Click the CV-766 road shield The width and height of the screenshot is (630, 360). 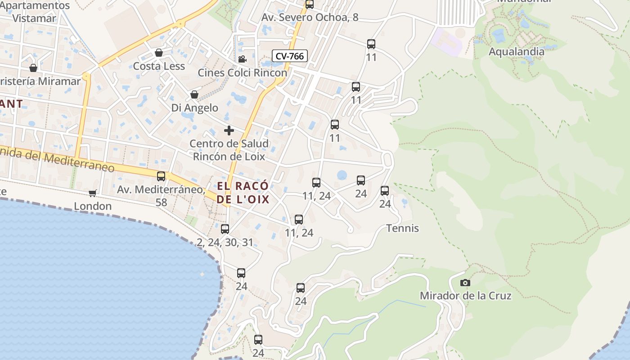coord(290,56)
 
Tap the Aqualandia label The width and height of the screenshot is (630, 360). coord(516,51)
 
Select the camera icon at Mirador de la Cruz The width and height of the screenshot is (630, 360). coord(465,283)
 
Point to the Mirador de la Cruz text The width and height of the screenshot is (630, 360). coord(465,296)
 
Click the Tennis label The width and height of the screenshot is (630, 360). coord(402,228)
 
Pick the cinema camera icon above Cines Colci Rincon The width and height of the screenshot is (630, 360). coord(242,59)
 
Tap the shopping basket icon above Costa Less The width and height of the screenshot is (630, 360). coord(158,53)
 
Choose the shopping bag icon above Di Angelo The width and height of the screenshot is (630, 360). coord(194,94)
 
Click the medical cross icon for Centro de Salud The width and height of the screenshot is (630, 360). coord(229,130)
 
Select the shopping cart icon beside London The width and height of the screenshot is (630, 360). coord(93,193)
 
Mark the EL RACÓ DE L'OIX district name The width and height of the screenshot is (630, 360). coord(243,193)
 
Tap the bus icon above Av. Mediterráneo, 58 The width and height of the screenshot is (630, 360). coord(161,176)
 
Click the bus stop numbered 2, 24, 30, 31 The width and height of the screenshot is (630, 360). coord(225,229)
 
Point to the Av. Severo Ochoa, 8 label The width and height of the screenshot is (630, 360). coord(310,17)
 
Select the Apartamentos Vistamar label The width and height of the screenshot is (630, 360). coord(35,12)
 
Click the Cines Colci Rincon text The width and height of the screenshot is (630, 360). coord(242,72)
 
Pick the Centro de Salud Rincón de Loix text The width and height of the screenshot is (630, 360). coord(229,150)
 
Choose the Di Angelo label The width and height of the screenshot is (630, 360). coord(194,108)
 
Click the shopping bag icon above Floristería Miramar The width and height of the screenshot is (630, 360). coord(33,68)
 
